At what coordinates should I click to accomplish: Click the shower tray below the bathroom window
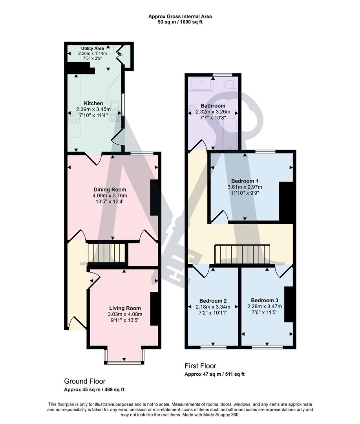coord(201,84)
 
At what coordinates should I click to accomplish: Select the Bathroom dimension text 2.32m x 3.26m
coord(213,112)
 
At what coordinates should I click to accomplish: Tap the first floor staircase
coord(243,254)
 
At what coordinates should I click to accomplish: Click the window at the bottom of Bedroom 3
coord(267,347)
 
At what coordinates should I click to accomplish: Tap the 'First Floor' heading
coord(200,366)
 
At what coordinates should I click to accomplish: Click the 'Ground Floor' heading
coord(85,381)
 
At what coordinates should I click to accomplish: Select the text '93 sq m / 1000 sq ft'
coord(180,22)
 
